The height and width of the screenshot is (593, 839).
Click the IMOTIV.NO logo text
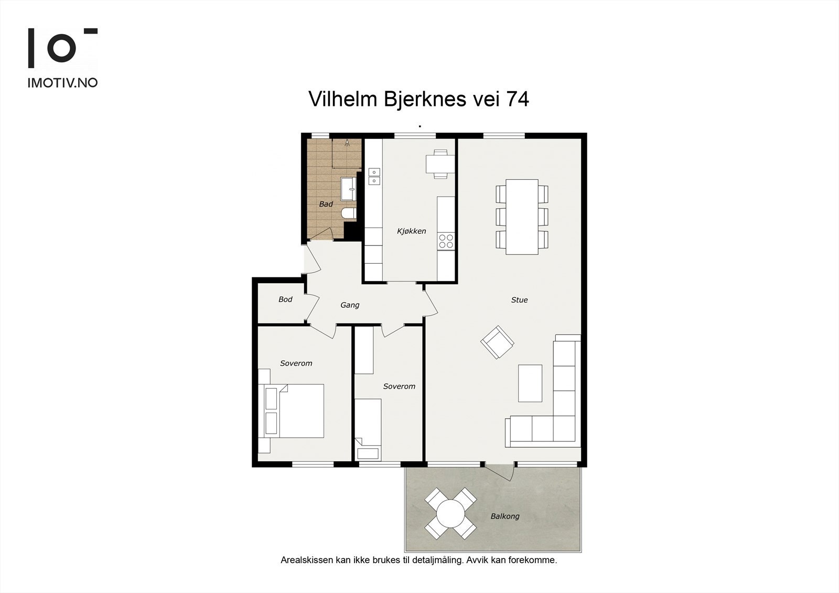pyautogui.click(x=62, y=83)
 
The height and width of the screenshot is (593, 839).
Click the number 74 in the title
pyautogui.click(x=518, y=99)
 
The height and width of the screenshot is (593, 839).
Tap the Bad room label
pyautogui.click(x=326, y=204)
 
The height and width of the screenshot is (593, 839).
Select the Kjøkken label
pyautogui.click(x=412, y=231)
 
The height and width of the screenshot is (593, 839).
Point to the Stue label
pyautogui.click(x=520, y=300)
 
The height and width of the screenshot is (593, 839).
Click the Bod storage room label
pyautogui.click(x=285, y=299)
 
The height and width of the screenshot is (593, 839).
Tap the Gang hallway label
pyautogui.click(x=350, y=305)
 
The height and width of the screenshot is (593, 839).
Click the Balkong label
pyautogui.click(x=505, y=516)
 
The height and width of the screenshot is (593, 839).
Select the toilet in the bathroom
pyautogui.click(x=348, y=213)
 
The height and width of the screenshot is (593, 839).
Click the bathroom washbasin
pyautogui.click(x=348, y=189)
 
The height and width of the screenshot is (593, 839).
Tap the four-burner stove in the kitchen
pyautogui.click(x=446, y=241)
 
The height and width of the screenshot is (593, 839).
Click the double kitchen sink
pyautogui.click(x=374, y=177)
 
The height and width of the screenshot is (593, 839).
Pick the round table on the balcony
pyautogui.click(x=450, y=513)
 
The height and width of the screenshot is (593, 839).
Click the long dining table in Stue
pyautogui.click(x=522, y=217)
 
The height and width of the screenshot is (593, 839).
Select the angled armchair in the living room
pyautogui.click(x=498, y=342)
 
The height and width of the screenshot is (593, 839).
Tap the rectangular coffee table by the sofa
pyautogui.click(x=530, y=383)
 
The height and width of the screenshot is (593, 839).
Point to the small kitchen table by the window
pyautogui.click(x=440, y=164)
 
